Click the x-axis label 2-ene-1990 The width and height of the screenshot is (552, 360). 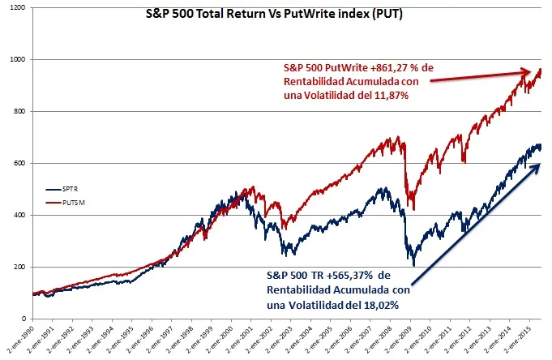click(x=17, y=341)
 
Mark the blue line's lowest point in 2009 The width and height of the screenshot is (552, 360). click(x=414, y=264)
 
